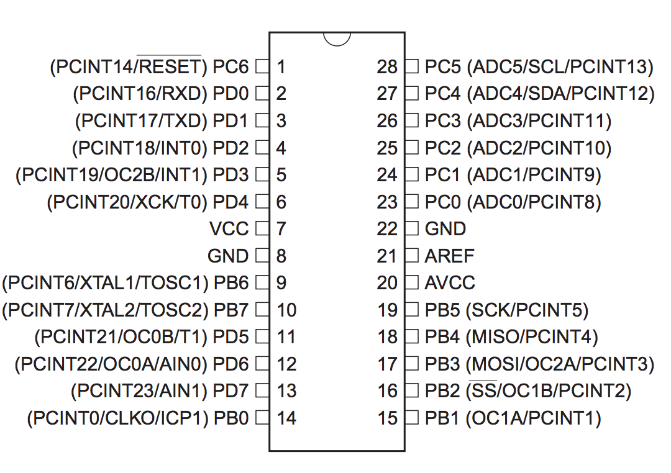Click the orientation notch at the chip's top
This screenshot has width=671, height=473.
pos(337,38)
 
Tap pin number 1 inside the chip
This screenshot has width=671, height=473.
pos(281,66)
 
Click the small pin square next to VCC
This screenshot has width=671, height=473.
pos(262,228)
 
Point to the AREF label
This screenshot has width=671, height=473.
pos(449,256)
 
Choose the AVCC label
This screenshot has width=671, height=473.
pos(450,283)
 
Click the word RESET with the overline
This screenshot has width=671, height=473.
pos(168,66)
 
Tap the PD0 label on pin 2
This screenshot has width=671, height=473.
pos(231,94)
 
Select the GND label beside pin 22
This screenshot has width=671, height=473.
pos(445,228)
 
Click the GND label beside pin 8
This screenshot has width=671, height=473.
pos(228,256)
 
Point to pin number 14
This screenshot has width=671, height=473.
pos(286,418)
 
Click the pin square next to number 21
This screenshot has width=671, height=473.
pos(411,256)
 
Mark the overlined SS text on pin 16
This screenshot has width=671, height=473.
pos(484,391)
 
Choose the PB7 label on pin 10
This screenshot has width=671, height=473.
pos(231,310)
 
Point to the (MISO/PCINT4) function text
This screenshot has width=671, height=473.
pos(532,337)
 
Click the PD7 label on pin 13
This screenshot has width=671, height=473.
pos(231,391)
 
